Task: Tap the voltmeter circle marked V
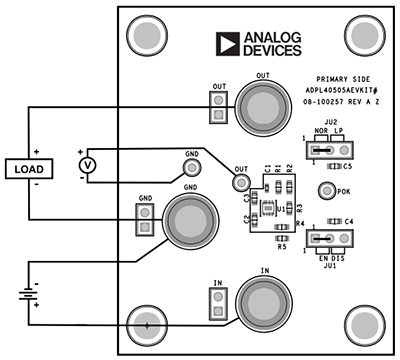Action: coord(86,164)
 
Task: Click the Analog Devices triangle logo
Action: coord(228,42)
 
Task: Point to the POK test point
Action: coord(325,191)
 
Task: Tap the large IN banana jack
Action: coord(262,301)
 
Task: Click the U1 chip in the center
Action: coord(268,208)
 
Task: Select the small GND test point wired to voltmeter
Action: coord(192,168)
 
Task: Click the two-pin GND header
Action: coord(145,220)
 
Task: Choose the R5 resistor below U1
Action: coord(282,238)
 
